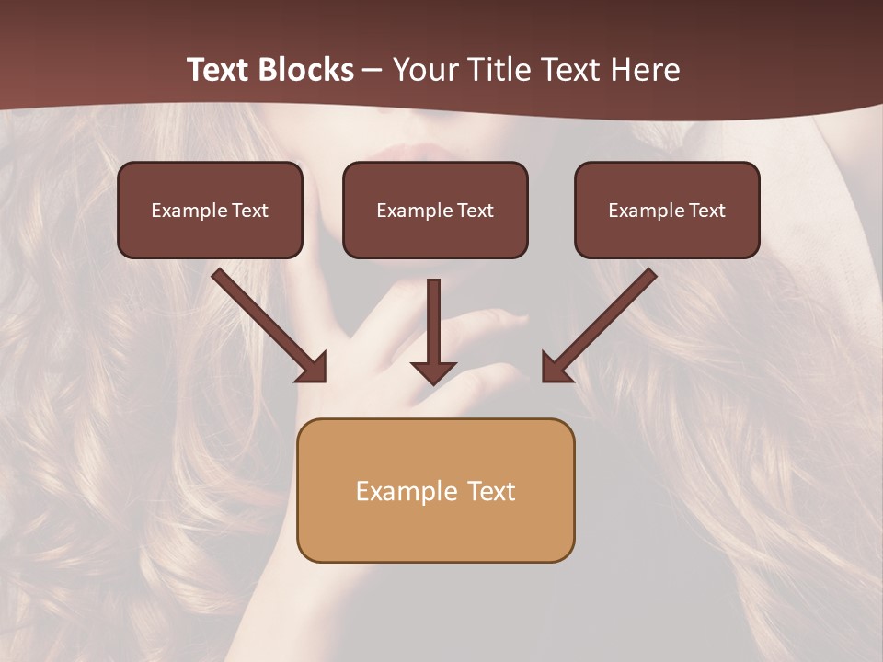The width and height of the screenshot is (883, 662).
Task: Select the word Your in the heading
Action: tap(421, 70)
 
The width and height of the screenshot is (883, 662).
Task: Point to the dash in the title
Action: tap(373, 71)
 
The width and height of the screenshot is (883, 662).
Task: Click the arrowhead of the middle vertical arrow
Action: tap(433, 371)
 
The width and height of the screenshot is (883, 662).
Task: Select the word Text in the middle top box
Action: tap(476, 211)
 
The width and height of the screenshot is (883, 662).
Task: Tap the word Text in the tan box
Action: tap(491, 491)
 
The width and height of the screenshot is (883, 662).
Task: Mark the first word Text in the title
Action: tap(218, 70)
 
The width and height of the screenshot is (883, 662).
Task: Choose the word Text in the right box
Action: tap(707, 211)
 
